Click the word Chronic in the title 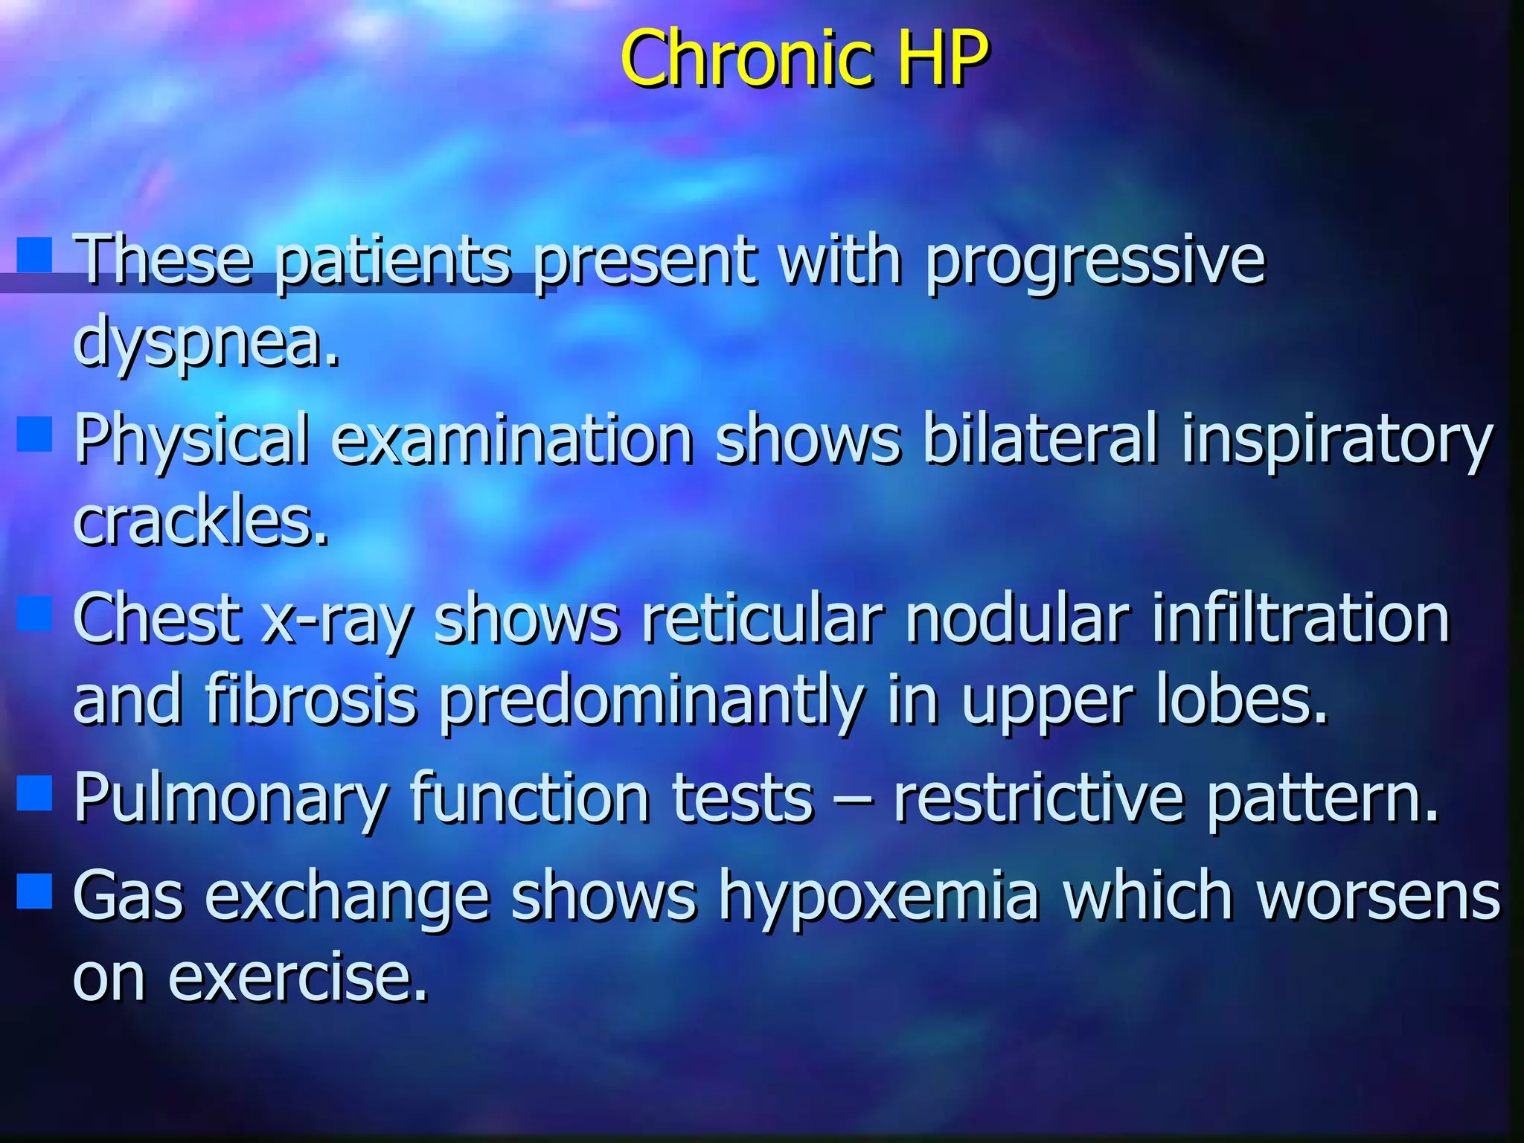[x=747, y=57]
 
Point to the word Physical [x=190, y=441]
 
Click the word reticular [x=763, y=618]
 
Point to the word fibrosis [x=311, y=699]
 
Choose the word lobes [x=1241, y=699]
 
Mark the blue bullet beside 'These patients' [x=34, y=255]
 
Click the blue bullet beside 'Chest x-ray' [x=34, y=614]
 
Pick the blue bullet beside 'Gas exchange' [x=34, y=891]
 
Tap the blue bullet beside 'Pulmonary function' [x=34, y=793]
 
